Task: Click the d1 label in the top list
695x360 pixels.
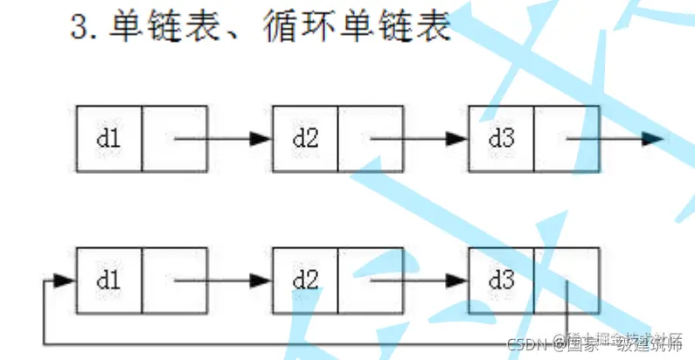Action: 108,138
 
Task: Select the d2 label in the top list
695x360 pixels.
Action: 304,138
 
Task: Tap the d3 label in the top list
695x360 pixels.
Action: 501,138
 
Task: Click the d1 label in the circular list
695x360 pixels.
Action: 108,280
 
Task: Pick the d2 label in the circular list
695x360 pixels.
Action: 304,280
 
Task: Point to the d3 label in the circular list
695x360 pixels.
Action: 501,280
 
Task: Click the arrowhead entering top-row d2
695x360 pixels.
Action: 261,138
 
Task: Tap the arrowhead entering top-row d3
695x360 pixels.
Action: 458,138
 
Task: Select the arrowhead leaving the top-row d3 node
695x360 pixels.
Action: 652,138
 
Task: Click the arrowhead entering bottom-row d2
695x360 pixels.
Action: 261,280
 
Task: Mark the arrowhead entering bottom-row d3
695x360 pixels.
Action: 458,280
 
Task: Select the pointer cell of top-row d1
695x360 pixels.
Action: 174,138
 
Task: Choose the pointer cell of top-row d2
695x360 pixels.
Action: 370,138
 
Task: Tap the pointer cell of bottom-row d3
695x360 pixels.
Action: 566,280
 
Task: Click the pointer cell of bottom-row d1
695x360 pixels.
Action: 174,280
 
